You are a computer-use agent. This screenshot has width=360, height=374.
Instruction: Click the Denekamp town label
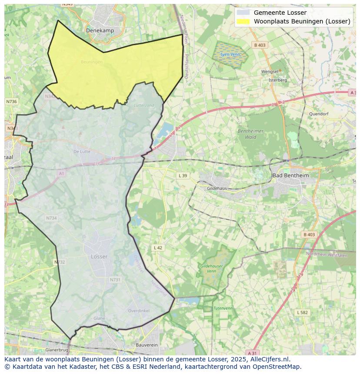click(100, 30)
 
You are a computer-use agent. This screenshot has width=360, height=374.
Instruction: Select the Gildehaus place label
click(217, 189)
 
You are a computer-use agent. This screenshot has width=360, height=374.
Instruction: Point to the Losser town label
click(99, 256)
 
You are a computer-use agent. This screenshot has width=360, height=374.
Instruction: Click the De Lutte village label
click(82, 152)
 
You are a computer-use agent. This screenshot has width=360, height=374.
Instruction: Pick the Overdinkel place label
click(138, 311)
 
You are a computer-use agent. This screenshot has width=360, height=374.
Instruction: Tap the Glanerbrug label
click(57, 350)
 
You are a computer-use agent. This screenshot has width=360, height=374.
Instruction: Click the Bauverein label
click(147, 344)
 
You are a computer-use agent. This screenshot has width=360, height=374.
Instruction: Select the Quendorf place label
click(319, 114)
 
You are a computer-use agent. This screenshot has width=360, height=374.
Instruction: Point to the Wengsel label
click(270, 71)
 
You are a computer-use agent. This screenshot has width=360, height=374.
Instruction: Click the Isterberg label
click(278, 80)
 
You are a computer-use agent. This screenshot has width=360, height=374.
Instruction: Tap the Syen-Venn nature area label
click(230, 55)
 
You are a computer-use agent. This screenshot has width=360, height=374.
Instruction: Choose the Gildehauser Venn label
click(211, 268)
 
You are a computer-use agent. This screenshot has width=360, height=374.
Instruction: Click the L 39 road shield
click(183, 175)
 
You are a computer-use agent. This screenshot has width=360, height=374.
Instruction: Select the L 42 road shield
click(158, 248)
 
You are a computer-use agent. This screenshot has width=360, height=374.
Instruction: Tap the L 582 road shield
click(303, 312)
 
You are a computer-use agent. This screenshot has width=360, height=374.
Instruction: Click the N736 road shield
click(11, 101)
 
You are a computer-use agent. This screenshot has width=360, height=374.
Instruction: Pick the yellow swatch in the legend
click(243, 21)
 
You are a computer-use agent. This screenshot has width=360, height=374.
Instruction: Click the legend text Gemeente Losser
click(280, 13)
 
